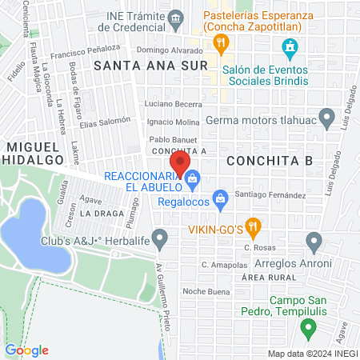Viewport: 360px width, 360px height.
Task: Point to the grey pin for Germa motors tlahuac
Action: [x=326, y=120]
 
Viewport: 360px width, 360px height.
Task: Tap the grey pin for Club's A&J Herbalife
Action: [x=161, y=238]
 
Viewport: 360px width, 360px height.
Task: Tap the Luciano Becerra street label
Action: [x=172, y=105]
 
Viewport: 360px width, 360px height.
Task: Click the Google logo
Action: [x=26, y=350]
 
